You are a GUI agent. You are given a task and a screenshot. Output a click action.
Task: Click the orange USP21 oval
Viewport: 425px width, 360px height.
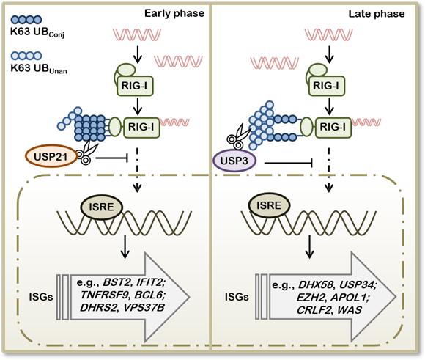(x=51, y=156)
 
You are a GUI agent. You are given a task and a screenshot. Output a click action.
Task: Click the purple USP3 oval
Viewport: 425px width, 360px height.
(x=234, y=161)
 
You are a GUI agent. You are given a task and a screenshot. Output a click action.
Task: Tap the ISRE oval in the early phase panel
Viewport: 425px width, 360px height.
(x=102, y=207)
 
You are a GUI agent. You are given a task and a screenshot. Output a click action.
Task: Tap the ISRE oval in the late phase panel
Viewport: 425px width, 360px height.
(x=269, y=205)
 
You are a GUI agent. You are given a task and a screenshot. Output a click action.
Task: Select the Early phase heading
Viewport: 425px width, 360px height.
(x=174, y=13)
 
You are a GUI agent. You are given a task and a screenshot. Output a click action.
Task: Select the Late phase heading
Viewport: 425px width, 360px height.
(x=377, y=14)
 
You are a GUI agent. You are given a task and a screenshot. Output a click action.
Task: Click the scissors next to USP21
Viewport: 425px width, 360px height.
(x=87, y=153)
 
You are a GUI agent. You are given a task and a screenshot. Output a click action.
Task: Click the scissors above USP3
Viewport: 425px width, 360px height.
(x=237, y=136)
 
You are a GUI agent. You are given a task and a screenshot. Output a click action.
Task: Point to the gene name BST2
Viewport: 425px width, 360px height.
(x=117, y=282)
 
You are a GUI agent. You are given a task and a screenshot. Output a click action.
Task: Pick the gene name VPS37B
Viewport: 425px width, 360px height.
(x=144, y=307)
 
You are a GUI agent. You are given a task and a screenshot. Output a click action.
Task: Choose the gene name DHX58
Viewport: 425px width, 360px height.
(x=316, y=284)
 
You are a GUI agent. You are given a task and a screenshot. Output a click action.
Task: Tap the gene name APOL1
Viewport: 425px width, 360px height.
(x=349, y=298)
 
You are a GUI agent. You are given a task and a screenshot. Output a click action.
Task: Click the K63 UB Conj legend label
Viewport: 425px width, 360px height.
(x=37, y=32)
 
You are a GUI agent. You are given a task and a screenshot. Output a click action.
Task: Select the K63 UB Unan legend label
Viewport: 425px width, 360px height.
(x=39, y=68)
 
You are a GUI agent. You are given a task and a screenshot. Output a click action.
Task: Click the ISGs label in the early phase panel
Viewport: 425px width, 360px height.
(x=41, y=297)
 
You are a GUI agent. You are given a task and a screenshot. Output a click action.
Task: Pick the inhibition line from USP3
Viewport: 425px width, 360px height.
(x=289, y=163)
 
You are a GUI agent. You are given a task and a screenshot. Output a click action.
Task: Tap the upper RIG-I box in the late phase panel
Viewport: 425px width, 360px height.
(x=327, y=86)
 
